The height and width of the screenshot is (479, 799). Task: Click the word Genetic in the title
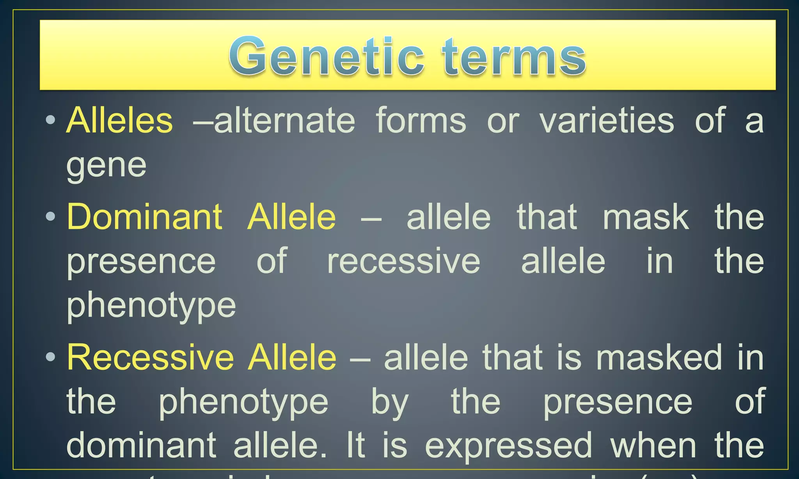[x=326, y=57]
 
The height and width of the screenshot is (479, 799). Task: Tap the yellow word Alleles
[x=119, y=120]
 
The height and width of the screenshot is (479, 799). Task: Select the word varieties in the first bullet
[x=607, y=120]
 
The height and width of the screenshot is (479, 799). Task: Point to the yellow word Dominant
[x=145, y=217]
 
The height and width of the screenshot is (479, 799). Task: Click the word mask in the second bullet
[x=646, y=217]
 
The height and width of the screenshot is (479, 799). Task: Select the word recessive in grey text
[x=403, y=262]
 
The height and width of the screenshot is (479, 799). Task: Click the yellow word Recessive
[x=150, y=357]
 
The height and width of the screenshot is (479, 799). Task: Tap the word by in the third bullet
[x=389, y=402]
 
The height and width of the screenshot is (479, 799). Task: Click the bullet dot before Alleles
[x=50, y=120]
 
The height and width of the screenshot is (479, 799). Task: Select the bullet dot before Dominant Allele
[x=50, y=216]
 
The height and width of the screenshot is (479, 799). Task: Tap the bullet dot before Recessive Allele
[x=50, y=357]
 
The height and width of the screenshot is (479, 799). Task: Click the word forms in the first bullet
[x=421, y=120]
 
